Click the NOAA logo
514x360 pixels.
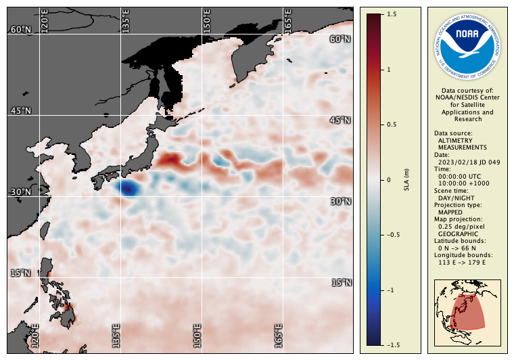pyautogui.click(x=467, y=45)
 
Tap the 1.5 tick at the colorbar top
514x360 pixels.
pyautogui.click(x=391, y=14)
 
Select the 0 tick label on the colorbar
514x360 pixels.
pyautogui.click(x=388, y=180)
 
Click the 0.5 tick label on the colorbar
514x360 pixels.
pyautogui.click(x=391, y=125)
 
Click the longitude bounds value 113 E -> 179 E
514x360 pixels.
pyautogui.click(x=462, y=262)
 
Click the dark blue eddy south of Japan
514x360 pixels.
pyautogui.click(x=126, y=189)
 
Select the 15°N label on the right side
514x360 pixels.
pyautogui.click(x=341, y=282)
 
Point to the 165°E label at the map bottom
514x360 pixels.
pyautogui.click(x=279, y=336)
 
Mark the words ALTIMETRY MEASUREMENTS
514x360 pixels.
pyautogui.click(x=462, y=143)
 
